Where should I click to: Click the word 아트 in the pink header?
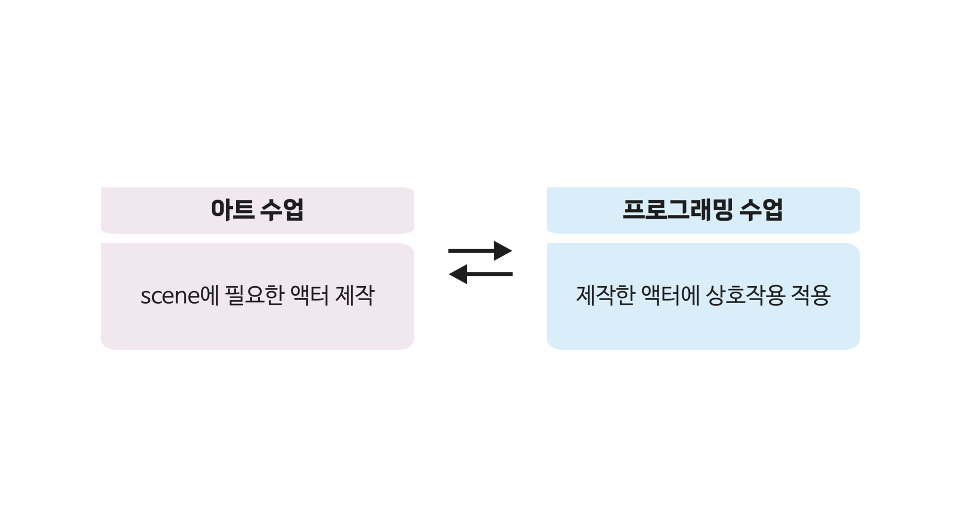click(232, 210)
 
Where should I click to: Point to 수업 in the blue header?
click(761, 210)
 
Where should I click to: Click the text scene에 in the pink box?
click(180, 295)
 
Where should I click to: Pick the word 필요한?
click(255, 295)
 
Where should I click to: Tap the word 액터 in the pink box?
click(309, 295)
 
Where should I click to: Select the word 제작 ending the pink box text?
click(355, 295)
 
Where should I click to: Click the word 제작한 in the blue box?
click(606, 295)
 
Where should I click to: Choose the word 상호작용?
click(745, 295)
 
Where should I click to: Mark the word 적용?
click(811, 295)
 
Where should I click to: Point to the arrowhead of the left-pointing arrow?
click(458, 274)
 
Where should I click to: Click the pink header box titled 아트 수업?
click(257, 210)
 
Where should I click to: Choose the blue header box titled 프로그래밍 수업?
click(703, 210)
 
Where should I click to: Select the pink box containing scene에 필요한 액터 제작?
click(257, 297)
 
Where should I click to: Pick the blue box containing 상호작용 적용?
click(703, 297)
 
